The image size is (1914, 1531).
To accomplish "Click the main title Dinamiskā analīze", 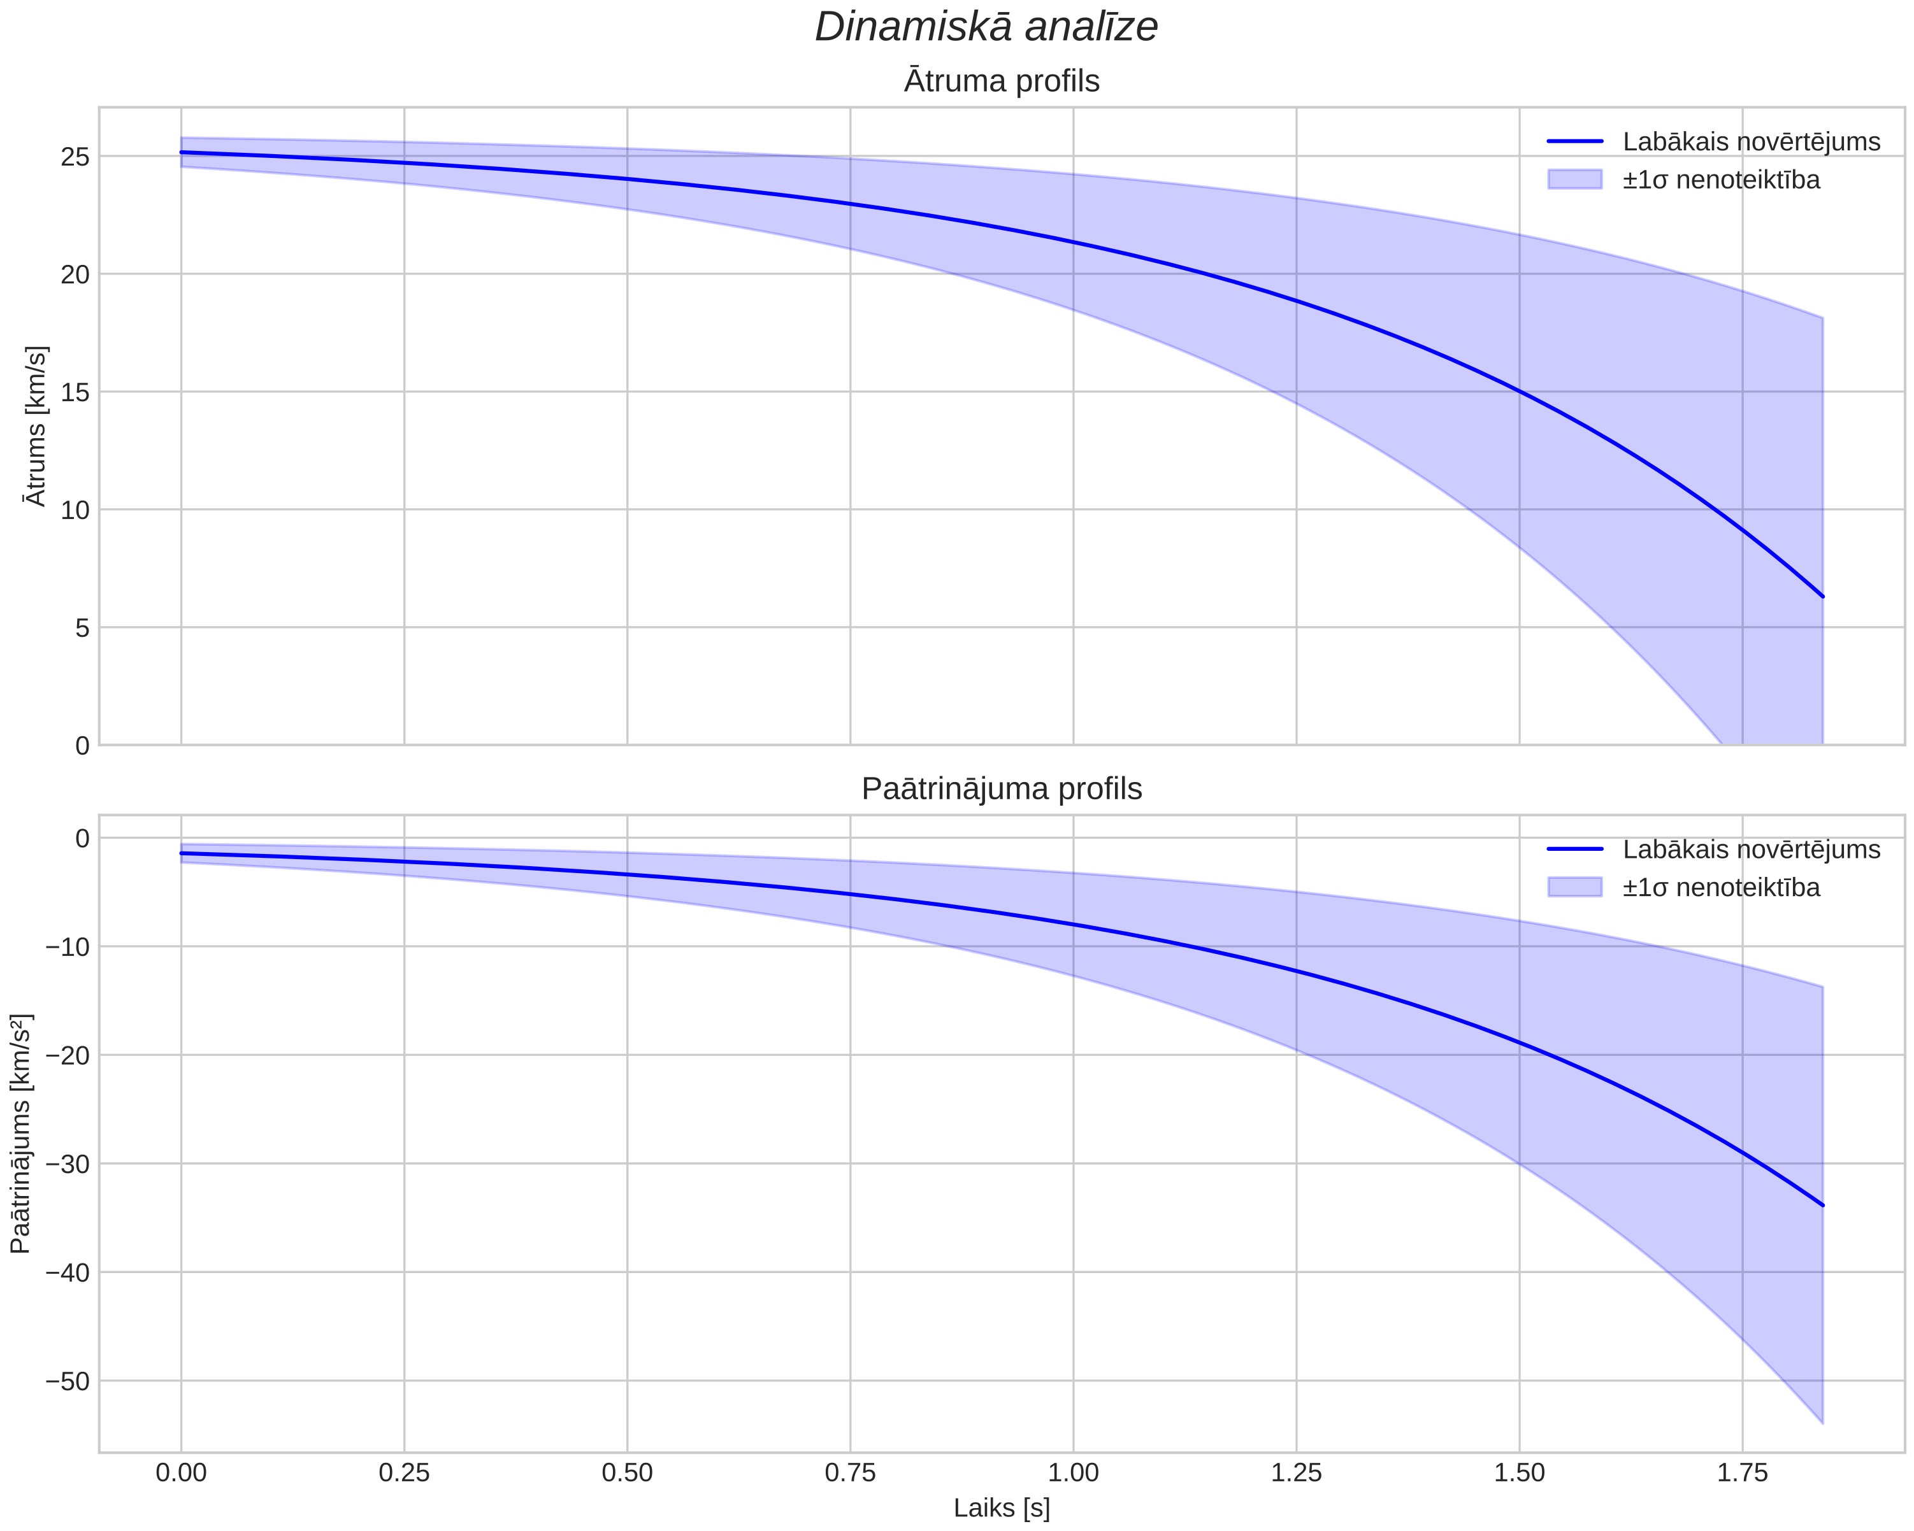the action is point(986,27).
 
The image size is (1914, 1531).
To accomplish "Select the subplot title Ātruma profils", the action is point(1002,81).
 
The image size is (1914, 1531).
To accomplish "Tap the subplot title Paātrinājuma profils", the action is point(1002,789).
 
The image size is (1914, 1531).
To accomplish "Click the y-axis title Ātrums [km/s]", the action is point(36,426).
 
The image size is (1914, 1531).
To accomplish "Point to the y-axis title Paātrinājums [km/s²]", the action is point(21,1134).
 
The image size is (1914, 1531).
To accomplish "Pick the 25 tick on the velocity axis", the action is point(75,157).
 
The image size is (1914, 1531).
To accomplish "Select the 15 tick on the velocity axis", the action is point(75,392).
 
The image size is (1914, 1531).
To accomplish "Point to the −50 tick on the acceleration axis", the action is point(68,1381).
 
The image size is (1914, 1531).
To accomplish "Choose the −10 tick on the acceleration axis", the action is point(68,947).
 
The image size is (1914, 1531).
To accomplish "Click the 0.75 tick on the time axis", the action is point(851,1473).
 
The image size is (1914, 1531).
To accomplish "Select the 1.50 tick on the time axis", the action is point(1519,1473).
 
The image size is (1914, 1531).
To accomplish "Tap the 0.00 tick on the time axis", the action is point(181,1473).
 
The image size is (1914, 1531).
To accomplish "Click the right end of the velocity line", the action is point(1822,597).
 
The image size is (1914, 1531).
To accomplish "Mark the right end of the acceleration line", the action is point(1822,1206).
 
